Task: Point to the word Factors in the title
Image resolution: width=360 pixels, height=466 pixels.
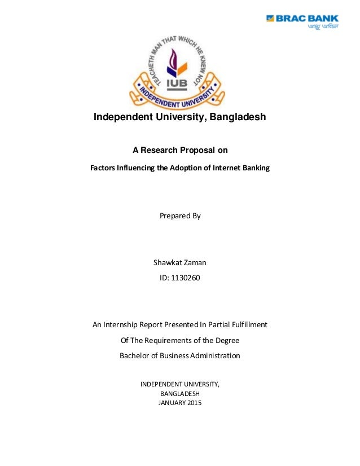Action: [105, 168]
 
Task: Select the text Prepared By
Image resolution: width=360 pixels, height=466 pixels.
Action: [180, 216]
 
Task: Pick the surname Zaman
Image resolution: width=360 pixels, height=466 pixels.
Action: [195, 262]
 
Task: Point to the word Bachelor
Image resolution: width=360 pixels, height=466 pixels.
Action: [136, 355]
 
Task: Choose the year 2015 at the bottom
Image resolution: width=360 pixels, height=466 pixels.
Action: [192, 403]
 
